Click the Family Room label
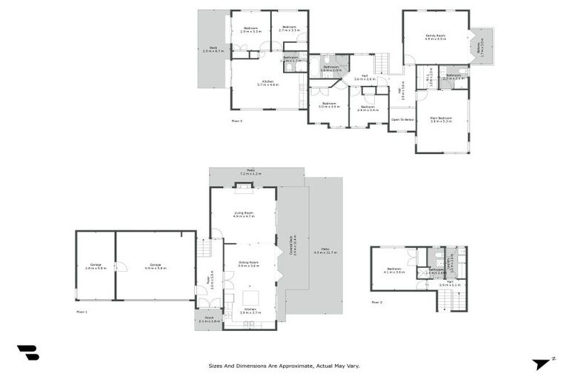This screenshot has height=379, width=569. click(435, 37)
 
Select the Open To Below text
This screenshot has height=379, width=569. click(401, 118)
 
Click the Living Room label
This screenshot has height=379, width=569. click(244, 215)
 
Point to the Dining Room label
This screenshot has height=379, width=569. click(248, 264)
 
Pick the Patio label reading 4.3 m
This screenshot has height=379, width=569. click(325, 251)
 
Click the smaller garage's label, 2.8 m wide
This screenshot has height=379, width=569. click(96, 266)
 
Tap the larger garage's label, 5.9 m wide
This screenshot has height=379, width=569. click(156, 266)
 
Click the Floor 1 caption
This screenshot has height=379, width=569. click(81, 312)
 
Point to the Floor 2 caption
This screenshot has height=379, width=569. click(376, 302)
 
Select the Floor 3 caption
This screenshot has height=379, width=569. click(236, 120)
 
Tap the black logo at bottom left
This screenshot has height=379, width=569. click(27, 353)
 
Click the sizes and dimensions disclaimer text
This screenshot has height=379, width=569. click(284, 365)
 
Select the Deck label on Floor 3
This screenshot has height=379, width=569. click(213, 50)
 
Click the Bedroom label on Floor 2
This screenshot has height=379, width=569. click(394, 270)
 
